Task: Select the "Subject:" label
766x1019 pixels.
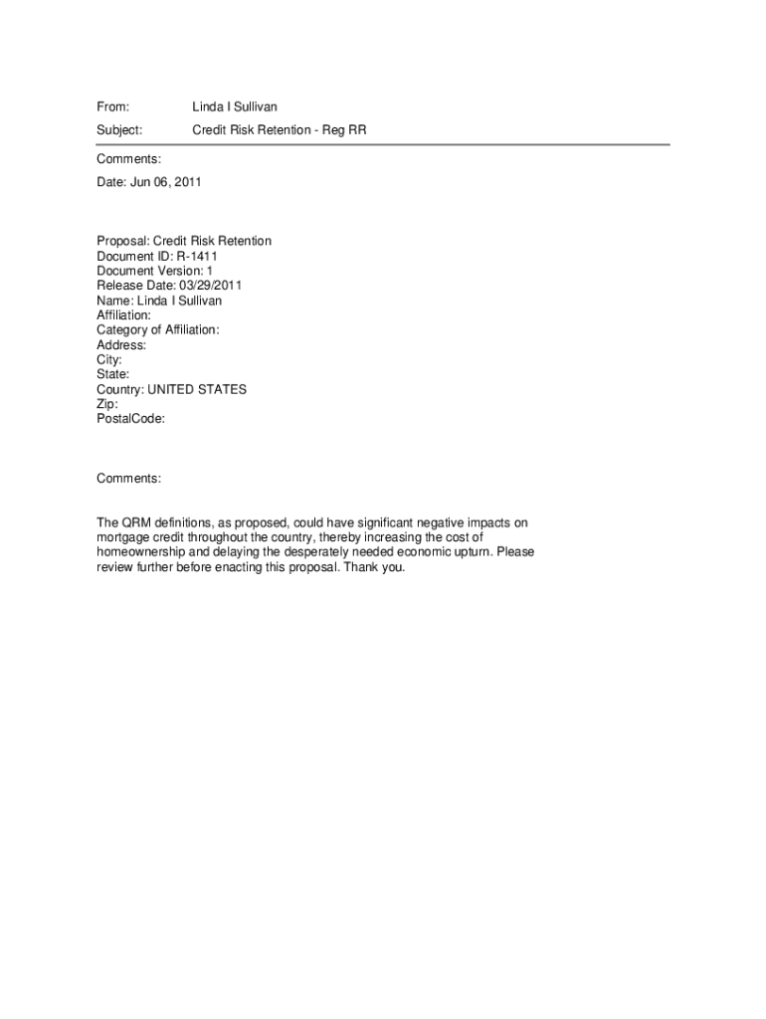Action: click(119, 130)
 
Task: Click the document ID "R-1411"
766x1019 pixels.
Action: click(198, 256)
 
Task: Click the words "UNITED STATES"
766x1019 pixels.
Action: click(197, 389)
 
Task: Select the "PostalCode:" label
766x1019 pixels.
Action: click(130, 419)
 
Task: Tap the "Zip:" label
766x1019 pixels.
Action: click(107, 404)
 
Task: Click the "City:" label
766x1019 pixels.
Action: click(109, 359)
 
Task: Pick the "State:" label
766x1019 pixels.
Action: click(112, 374)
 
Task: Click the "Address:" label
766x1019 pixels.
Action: click(121, 345)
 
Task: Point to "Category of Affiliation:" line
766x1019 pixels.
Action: click(158, 330)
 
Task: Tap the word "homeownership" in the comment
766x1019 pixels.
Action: click(140, 552)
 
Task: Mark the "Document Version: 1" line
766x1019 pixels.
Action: click(154, 271)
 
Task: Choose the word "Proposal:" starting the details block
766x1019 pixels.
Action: click(122, 241)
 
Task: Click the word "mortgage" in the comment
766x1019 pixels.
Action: click(121, 537)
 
